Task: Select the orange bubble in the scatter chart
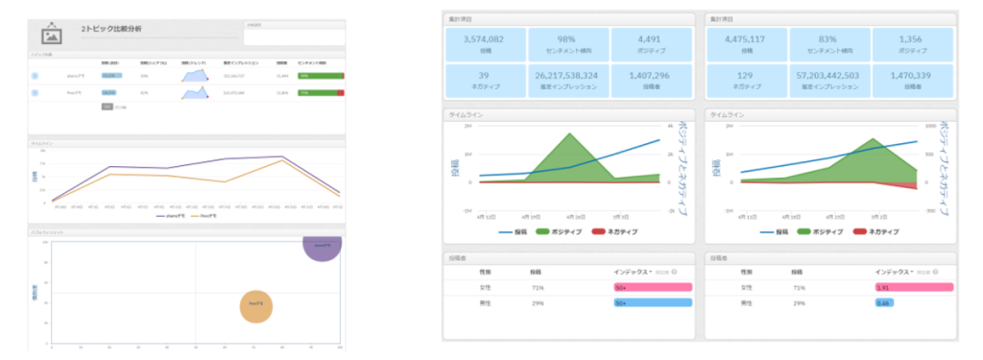(x=255, y=304)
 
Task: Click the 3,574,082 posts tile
(x=485, y=44)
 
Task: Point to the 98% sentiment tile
(x=567, y=44)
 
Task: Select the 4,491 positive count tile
(x=650, y=44)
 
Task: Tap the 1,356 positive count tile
(x=912, y=44)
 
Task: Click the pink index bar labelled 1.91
(x=913, y=287)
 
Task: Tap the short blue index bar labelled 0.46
(x=885, y=303)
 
